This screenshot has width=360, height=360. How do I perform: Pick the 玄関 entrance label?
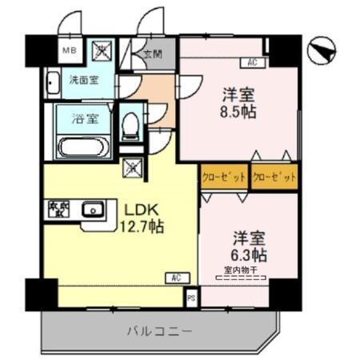pyautogui.click(x=152, y=56)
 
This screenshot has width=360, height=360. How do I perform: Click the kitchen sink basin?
pyautogui.click(x=93, y=212)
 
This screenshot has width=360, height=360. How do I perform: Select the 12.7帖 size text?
pyautogui.click(x=142, y=227)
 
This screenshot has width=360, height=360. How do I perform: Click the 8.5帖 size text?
pyautogui.click(x=238, y=112)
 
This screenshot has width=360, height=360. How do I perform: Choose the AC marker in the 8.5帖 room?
pyautogui.click(x=251, y=62)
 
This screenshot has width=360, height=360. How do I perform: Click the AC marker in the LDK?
pyautogui.click(x=175, y=278)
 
